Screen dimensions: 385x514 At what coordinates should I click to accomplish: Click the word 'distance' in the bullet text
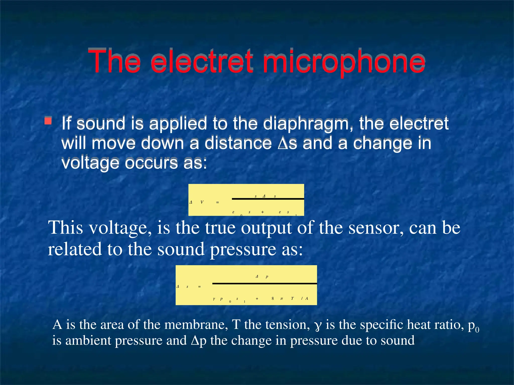coord(238,143)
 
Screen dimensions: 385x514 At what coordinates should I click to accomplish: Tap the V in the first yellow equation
coord(202,202)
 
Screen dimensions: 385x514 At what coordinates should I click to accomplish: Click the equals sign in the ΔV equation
coord(218,202)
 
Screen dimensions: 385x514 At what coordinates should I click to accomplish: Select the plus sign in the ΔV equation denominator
coord(263,212)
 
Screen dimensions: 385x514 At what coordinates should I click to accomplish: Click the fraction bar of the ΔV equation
coord(268,199)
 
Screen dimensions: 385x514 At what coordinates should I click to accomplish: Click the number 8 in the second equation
coord(273,298)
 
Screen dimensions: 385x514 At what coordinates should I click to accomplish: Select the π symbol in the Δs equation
coord(282,299)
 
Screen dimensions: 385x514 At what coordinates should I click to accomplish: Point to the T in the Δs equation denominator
coord(292,298)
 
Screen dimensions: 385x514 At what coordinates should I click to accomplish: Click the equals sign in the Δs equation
coord(200,286)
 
